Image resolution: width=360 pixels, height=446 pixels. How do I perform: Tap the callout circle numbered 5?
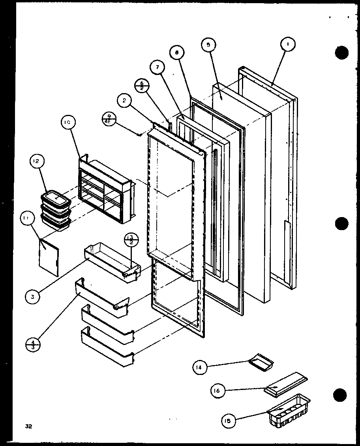[x=208, y=45]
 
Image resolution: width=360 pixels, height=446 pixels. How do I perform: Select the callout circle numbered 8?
[x=177, y=52]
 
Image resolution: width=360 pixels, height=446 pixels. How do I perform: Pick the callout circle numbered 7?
[x=157, y=67]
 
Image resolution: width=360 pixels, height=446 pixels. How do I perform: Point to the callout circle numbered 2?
[x=124, y=101]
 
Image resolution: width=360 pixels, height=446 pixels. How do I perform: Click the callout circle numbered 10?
[x=66, y=123]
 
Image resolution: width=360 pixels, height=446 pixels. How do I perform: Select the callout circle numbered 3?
[x=33, y=297]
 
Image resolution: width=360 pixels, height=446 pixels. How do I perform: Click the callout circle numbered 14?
[x=199, y=367]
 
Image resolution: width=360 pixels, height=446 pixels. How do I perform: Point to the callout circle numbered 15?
[x=229, y=421]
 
